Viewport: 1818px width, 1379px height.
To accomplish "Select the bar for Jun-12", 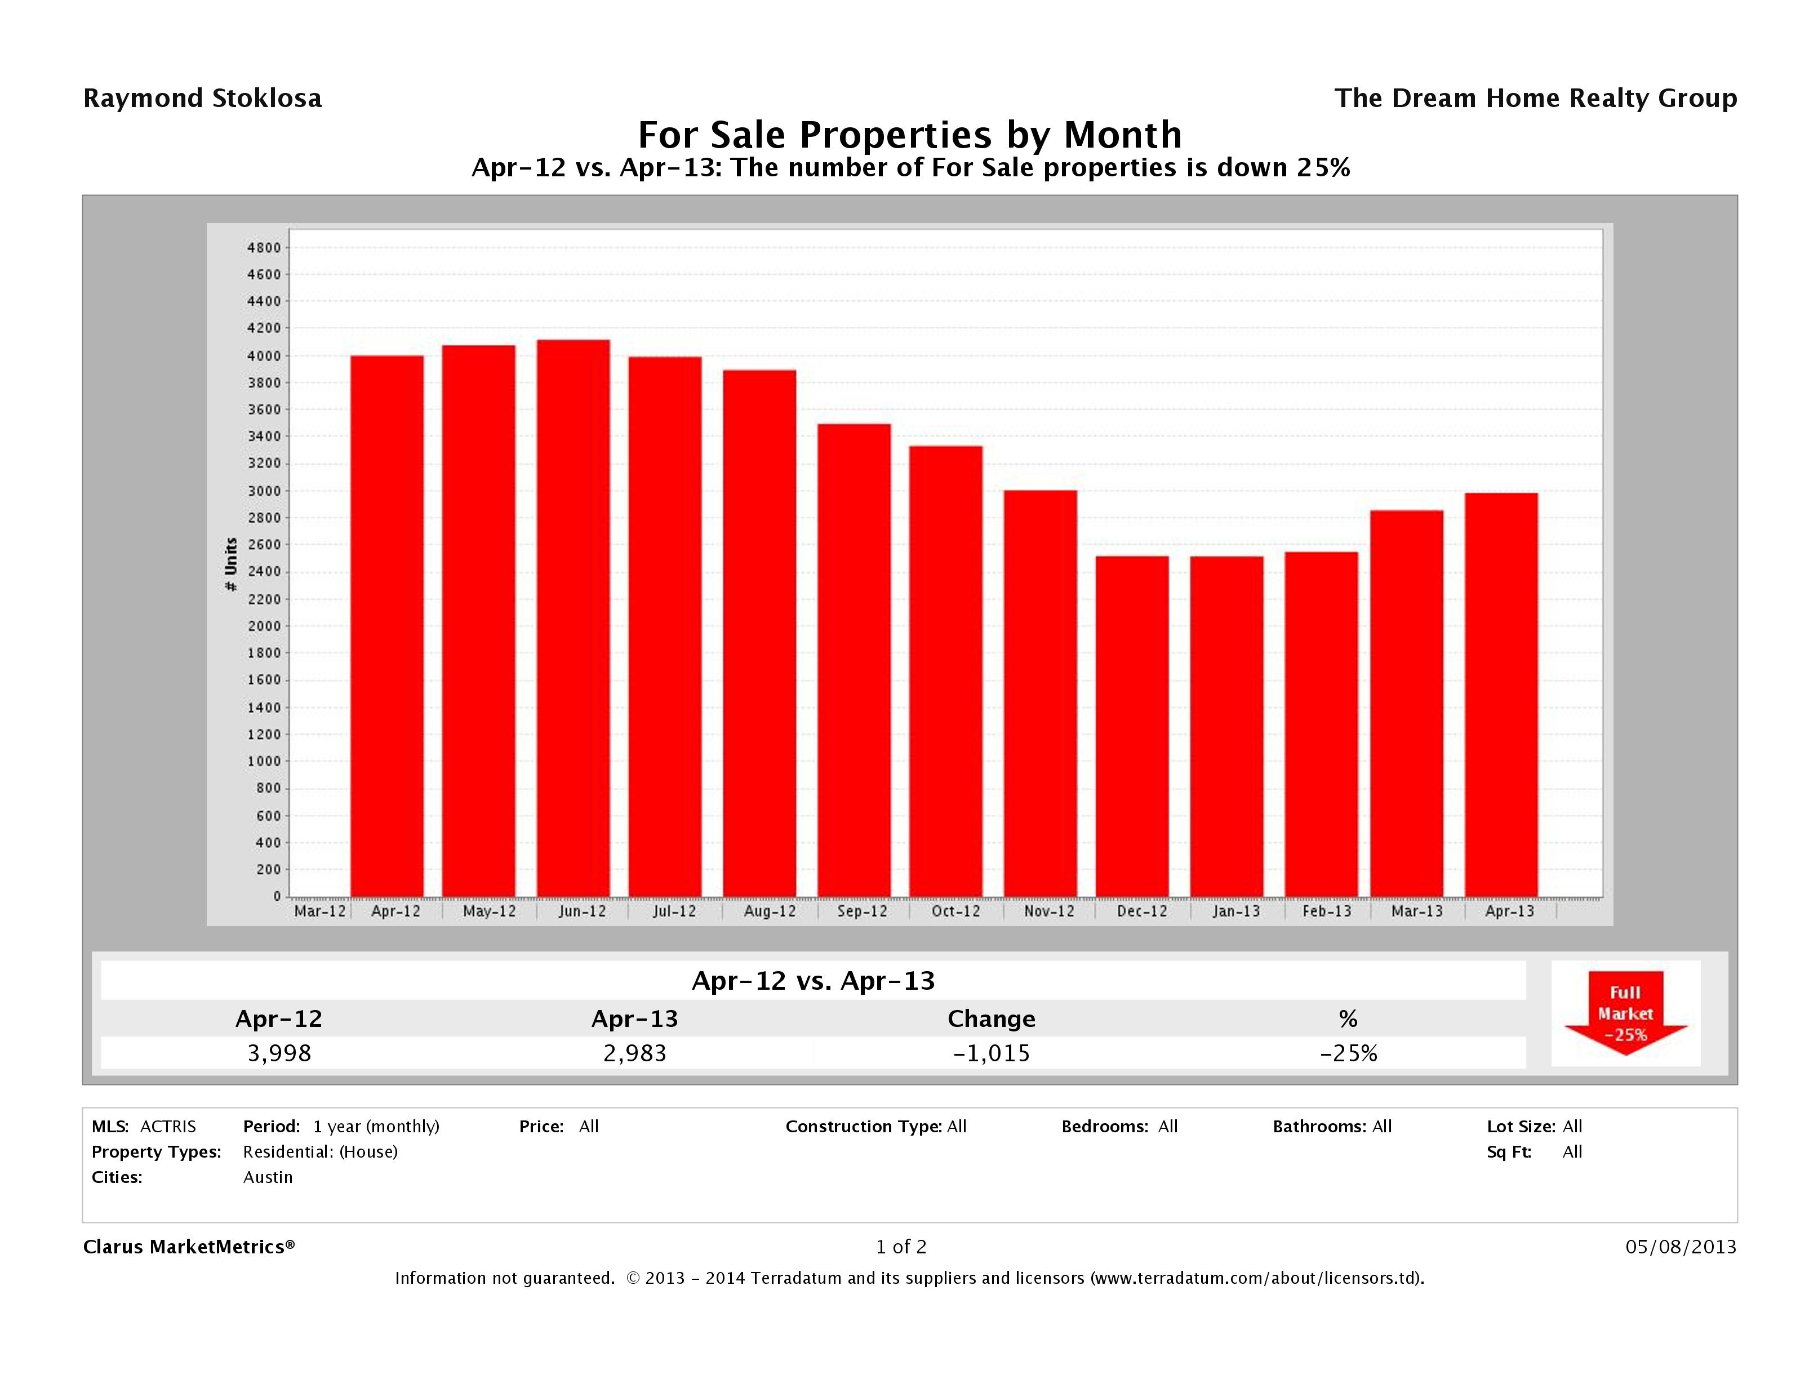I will [573, 618].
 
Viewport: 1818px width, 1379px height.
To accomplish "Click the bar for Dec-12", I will [1132, 727].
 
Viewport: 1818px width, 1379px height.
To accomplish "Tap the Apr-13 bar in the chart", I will [1501, 695].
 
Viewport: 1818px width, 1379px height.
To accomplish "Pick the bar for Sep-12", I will [854, 660].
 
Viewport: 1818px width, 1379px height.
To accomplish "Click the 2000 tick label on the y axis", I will [264, 626].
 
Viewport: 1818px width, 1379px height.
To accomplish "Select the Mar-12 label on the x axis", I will [319, 911].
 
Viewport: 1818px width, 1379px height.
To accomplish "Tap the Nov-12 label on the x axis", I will [1049, 911].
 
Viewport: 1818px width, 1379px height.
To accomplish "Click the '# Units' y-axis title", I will [231, 564].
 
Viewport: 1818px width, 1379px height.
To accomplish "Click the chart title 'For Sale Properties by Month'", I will [910, 134].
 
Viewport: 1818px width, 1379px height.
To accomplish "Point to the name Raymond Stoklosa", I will [202, 99].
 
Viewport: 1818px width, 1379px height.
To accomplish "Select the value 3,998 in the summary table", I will [279, 1053].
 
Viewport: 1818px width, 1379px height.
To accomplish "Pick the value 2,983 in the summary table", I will [634, 1053].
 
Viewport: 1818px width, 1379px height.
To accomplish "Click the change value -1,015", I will [991, 1053].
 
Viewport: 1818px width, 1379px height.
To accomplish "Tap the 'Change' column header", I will [991, 1019].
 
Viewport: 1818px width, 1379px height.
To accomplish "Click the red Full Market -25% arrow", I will [1625, 1014].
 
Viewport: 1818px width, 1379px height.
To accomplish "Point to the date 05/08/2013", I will [1681, 1247].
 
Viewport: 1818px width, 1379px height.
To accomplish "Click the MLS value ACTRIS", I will [168, 1126].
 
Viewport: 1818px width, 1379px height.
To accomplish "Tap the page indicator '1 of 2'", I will [901, 1247].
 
